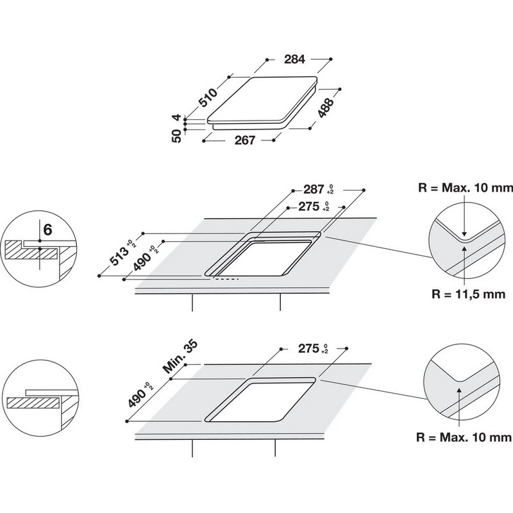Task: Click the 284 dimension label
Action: coord(294,59)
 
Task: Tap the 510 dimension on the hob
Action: coord(208,97)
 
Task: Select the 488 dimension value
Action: coord(326,107)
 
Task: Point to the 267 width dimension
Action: coord(245,140)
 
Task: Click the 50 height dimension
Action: coord(176,136)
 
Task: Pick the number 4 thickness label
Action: coord(176,117)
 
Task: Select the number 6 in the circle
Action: coord(47,230)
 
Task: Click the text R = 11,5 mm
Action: coord(469,294)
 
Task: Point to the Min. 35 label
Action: coord(180,357)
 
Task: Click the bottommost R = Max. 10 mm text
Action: coord(464,437)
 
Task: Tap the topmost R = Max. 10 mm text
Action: coord(466,188)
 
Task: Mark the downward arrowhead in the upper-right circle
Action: coord(464,233)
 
